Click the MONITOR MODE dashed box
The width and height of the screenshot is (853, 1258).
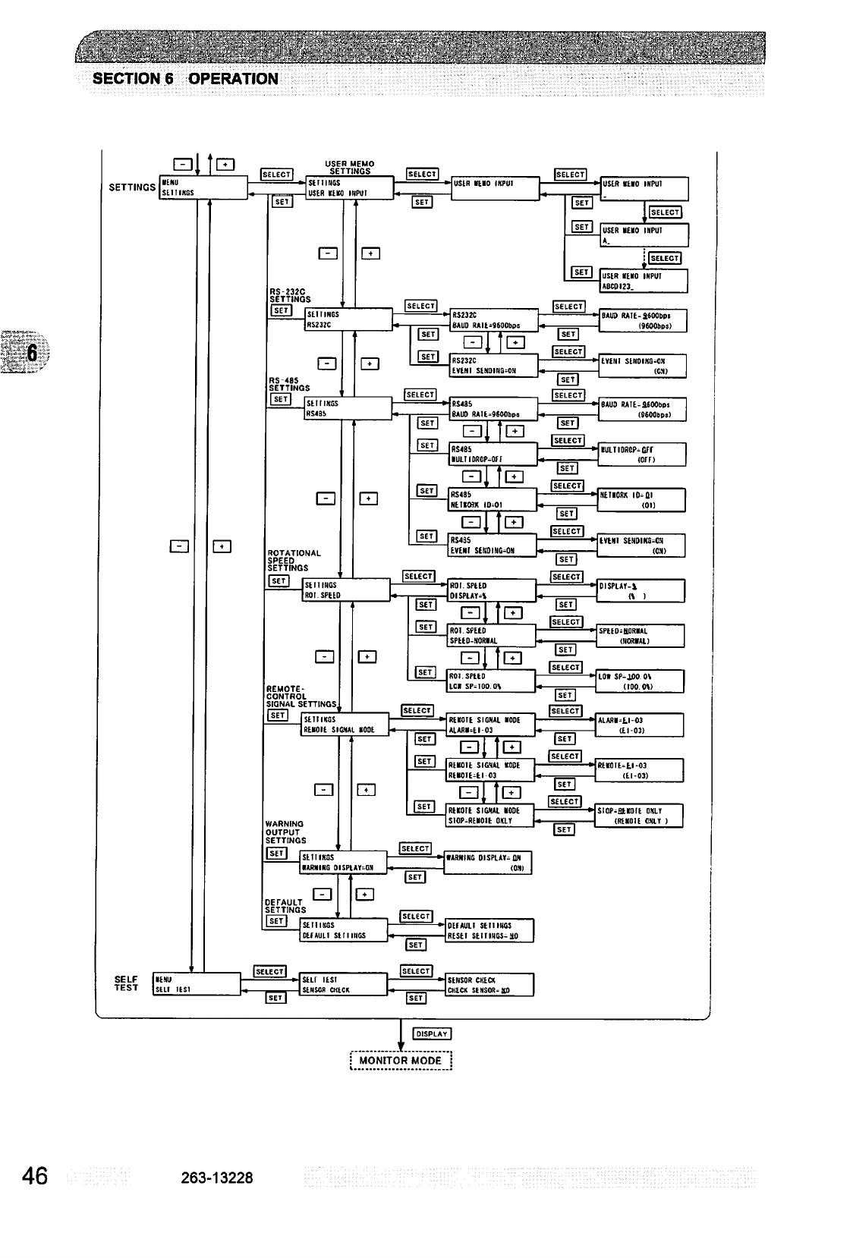pyautogui.click(x=401, y=1060)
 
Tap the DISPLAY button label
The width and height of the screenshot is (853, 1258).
pyautogui.click(x=432, y=1033)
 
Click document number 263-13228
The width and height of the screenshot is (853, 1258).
pyautogui.click(x=217, y=1178)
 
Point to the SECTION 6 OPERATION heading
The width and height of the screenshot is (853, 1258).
pyautogui.click(x=185, y=79)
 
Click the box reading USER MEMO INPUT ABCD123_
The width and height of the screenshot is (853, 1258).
pyautogui.click(x=644, y=281)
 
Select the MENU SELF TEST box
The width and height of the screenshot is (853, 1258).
pyautogui.click(x=197, y=984)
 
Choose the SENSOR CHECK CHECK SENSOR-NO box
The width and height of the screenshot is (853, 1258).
pyautogui.click(x=490, y=984)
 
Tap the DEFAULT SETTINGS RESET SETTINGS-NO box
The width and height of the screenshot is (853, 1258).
pyautogui.click(x=489, y=930)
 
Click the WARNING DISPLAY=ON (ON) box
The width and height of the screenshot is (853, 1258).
pyautogui.click(x=487, y=863)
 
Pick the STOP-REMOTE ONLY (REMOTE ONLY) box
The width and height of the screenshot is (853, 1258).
pyautogui.click(x=640, y=816)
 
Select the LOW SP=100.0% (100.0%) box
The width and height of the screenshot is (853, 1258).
pyautogui.click(x=641, y=681)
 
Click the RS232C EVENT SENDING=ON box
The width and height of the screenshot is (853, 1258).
pyautogui.click(x=493, y=365)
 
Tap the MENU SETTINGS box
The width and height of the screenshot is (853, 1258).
pyautogui.click(x=203, y=187)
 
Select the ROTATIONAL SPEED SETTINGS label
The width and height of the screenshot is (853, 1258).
pyautogui.click(x=294, y=560)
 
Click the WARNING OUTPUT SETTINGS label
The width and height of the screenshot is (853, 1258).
pyautogui.click(x=285, y=832)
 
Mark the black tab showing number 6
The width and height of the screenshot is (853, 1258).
pyautogui.click(x=30, y=352)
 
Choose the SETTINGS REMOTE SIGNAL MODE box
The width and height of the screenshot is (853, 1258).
pyautogui.click(x=345, y=725)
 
